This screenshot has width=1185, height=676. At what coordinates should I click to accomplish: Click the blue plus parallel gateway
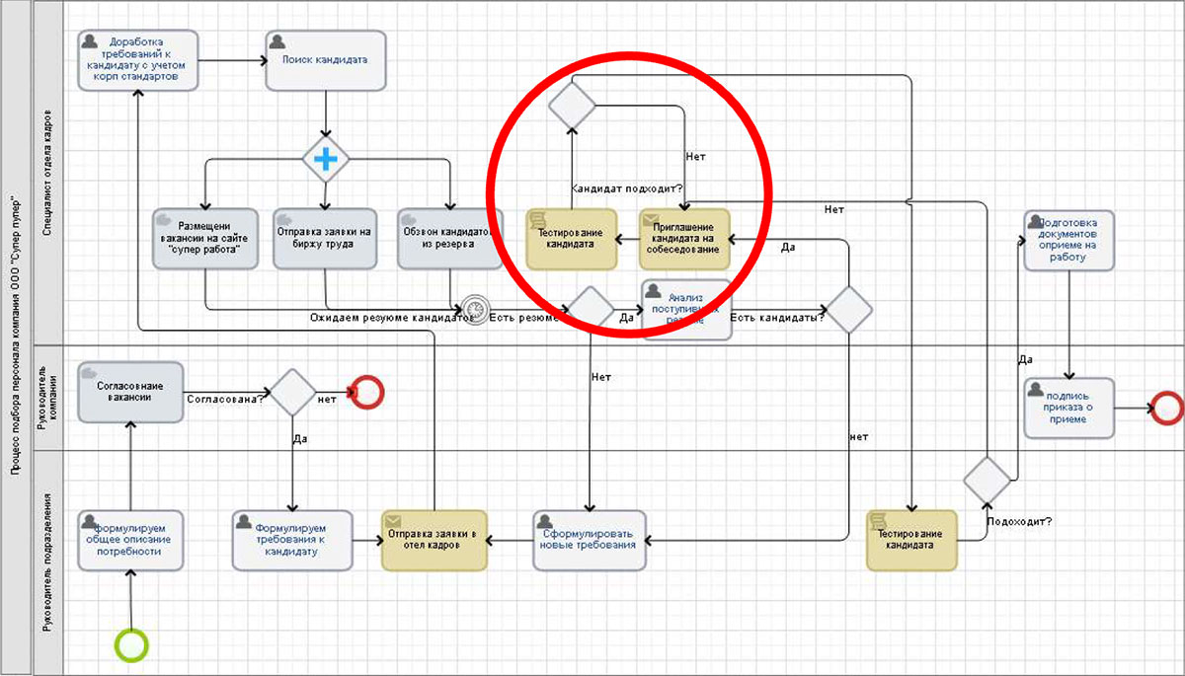(326, 158)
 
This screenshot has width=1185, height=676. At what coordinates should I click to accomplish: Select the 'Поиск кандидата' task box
(325, 59)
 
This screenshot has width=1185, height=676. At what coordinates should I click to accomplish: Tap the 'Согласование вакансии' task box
(130, 392)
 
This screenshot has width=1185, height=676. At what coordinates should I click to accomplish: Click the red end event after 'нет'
(367, 392)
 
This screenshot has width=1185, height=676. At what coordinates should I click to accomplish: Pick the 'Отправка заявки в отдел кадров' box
(434, 540)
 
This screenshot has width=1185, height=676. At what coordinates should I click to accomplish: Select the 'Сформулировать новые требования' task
(590, 540)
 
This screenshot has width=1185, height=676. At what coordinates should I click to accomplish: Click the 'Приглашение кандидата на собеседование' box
(684, 238)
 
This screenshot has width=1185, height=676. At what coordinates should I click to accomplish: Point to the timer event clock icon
(475, 310)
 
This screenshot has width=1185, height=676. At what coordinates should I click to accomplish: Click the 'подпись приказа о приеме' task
(1069, 408)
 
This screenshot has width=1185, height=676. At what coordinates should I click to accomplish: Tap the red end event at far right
(1167, 407)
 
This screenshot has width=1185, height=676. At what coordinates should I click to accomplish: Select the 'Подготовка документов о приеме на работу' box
(1068, 238)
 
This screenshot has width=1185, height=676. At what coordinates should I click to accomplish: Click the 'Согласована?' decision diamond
(292, 392)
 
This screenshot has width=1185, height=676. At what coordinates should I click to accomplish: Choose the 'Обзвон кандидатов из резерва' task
(450, 238)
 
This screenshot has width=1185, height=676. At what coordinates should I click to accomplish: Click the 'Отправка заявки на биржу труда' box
(326, 238)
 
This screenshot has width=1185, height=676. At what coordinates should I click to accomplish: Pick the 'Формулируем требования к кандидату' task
(292, 540)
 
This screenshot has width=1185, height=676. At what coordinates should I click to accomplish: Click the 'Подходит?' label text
(1018, 520)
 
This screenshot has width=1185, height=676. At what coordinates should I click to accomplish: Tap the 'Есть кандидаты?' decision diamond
(849, 310)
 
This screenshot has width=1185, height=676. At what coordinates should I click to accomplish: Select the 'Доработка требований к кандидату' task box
(138, 59)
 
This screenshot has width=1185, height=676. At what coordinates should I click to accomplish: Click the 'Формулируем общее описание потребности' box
(131, 540)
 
